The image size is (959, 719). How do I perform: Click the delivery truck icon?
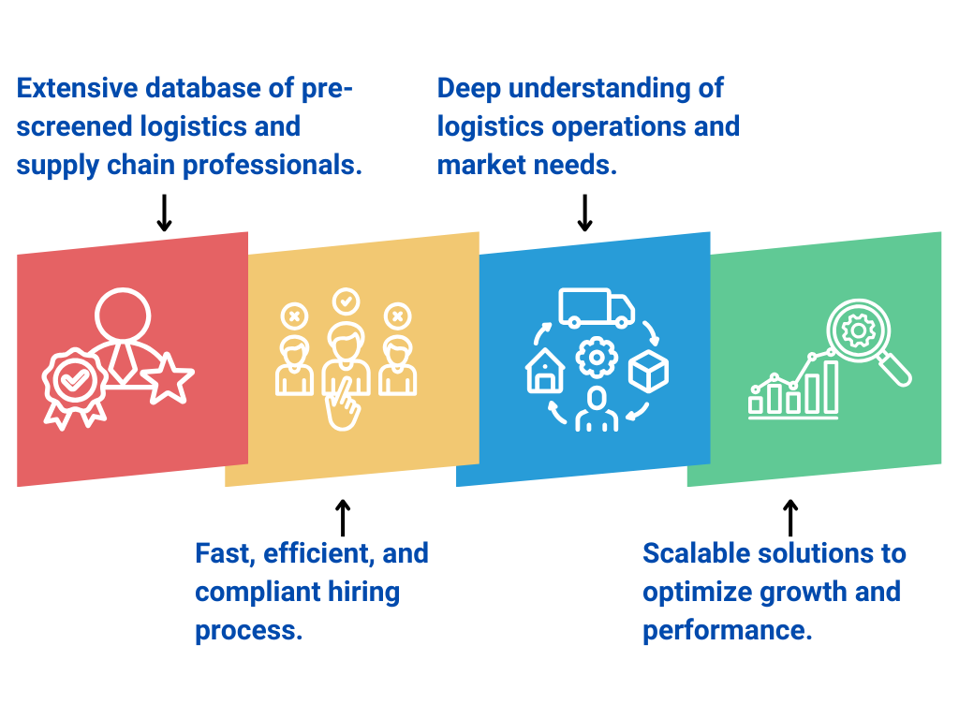(x=597, y=308)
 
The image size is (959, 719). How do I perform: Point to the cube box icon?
(x=648, y=372)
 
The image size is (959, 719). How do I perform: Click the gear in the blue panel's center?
(x=596, y=357)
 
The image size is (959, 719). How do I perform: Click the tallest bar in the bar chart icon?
(x=828, y=388)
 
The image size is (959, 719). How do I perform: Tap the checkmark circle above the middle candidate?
(x=346, y=301)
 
